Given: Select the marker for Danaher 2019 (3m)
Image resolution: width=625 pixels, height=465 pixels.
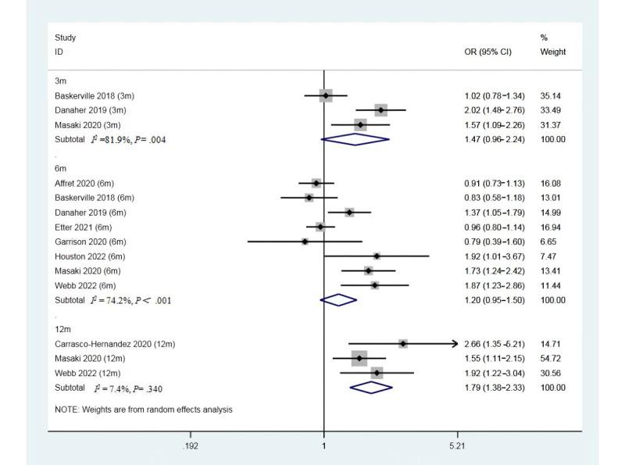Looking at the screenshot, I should click(x=380, y=110).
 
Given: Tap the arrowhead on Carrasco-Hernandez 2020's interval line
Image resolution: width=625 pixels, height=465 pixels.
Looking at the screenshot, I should click(x=454, y=343).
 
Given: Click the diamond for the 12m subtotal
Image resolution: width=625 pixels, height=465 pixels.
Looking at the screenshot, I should click(x=370, y=388).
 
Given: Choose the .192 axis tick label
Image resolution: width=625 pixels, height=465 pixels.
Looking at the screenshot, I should click(x=189, y=445).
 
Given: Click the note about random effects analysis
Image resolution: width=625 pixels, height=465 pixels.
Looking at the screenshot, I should click(x=144, y=409).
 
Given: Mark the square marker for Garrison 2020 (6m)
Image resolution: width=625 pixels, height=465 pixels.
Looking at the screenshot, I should click(x=305, y=241).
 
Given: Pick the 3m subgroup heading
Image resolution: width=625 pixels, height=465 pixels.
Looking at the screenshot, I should click(x=60, y=80).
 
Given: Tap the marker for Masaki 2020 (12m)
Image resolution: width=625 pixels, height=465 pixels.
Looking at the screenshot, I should click(x=359, y=358).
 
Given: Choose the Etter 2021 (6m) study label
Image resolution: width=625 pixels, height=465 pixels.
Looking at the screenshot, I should click(x=83, y=227).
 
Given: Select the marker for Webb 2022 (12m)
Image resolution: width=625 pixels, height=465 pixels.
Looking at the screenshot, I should click(x=377, y=373).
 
